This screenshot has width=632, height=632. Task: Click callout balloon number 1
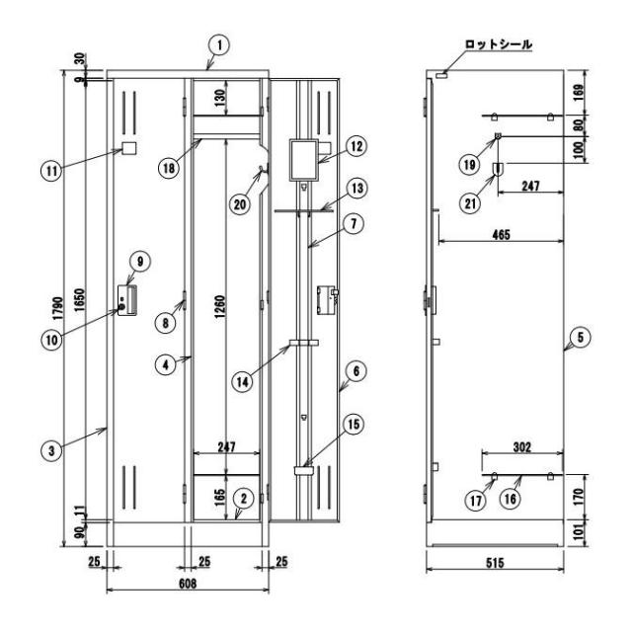click(x=219, y=45)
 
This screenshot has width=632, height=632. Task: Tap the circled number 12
click(x=356, y=146)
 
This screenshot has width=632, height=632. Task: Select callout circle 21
click(x=470, y=204)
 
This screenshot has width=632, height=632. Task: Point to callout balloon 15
click(x=354, y=424)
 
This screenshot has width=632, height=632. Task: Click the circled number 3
click(x=51, y=450)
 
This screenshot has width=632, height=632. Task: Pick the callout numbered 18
click(x=169, y=167)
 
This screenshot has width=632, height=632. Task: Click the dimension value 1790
click(x=59, y=308)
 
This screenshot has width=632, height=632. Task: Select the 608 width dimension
click(x=188, y=584)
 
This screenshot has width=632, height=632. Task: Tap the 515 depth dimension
click(x=495, y=563)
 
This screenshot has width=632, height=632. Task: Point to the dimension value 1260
click(x=219, y=307)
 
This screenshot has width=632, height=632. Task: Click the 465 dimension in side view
click(x=501, y=235)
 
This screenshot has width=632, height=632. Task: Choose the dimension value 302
click(x=522, y=447)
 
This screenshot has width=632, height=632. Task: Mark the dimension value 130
click(x=219, y=98)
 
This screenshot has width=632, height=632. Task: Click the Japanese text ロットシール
click(x=499, y=44)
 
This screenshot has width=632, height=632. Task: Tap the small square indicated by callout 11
click(x=129, y=148)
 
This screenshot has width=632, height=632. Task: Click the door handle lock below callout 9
click(x=127, y=300)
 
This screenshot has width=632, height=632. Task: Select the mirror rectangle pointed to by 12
click(x=304, y=160)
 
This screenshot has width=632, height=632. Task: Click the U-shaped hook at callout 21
click(x=498, y=169)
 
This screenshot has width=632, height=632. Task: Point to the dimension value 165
click(x=219, y=498)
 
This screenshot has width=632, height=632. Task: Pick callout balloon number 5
click(x=581, y=337)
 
